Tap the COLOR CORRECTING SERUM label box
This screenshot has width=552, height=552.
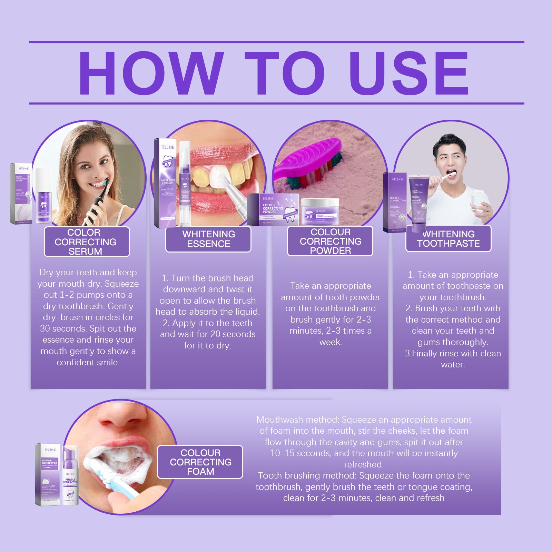(x=87, y=242)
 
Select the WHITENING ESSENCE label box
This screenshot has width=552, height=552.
(x=208, y=239)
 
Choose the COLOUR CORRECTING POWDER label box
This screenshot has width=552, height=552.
(x=330, y=241)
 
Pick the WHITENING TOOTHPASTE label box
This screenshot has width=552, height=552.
(x=448, y=239)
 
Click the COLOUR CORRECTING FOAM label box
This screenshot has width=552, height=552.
(x=200, y=462)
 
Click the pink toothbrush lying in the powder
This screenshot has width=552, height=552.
(x=310, y=162)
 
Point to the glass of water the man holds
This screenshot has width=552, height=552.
(x=478, y=202)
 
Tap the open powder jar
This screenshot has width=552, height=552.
(x=320, y=211)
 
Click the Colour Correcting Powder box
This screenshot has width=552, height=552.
(x=273, y=210)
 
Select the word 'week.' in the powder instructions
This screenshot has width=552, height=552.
(x=330, y=342)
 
